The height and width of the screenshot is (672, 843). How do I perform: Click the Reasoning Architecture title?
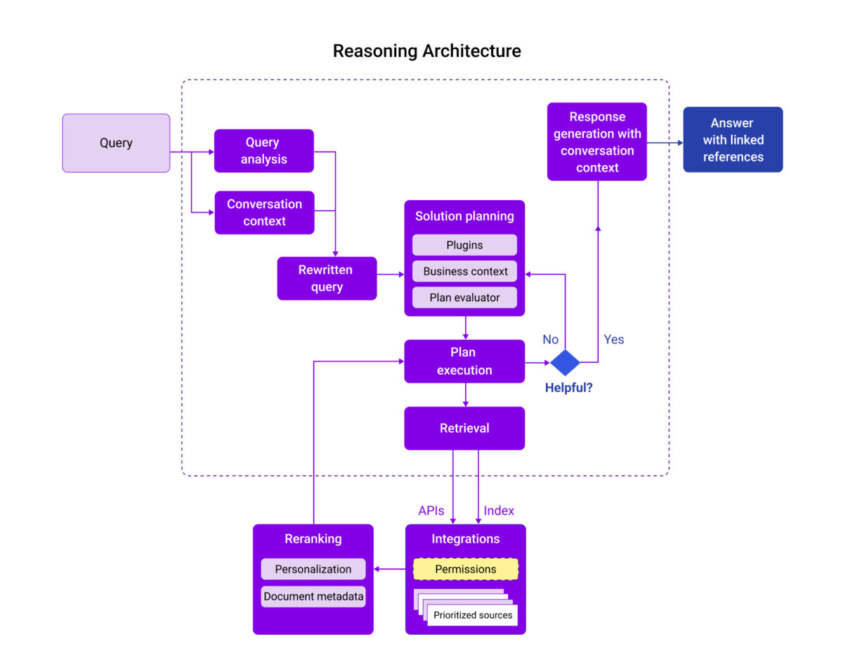[x=426, y=51]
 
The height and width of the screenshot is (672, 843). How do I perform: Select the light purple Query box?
[x=116, y=143]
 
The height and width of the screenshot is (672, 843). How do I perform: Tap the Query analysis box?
[x=264, y=151]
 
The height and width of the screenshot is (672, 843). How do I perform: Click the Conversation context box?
[x=264, y=213]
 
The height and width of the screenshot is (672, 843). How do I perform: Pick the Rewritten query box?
[x=327, y=278]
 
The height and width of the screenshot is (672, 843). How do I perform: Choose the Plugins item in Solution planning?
[x=464, y=245]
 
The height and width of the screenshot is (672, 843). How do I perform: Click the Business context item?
[x=464, y=271]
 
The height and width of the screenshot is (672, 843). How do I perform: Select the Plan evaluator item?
[x=464, y=297]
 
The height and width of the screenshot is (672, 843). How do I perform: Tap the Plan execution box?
[x=464, y=362]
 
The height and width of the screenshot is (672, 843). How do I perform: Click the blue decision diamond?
[x=565, y=362]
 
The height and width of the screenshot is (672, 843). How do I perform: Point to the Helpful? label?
[x=568, y=387]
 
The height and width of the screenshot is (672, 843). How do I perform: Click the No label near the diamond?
[x=550, y=340]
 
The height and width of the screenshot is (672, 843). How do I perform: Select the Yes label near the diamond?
[x=613, y=340]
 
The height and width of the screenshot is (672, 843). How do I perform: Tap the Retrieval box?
[x=464, y=428]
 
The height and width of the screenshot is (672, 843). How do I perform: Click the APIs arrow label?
[x=431, y=510]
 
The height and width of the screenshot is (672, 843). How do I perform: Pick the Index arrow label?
[x=499, y=510]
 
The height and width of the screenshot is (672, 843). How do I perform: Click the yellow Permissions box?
[x=465, y=569]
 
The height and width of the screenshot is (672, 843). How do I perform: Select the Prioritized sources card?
[x=473, y=615]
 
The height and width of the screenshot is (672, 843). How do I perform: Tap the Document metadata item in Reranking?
[x=313, y=597]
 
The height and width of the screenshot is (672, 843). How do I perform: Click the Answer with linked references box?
[x=733, y=140]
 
